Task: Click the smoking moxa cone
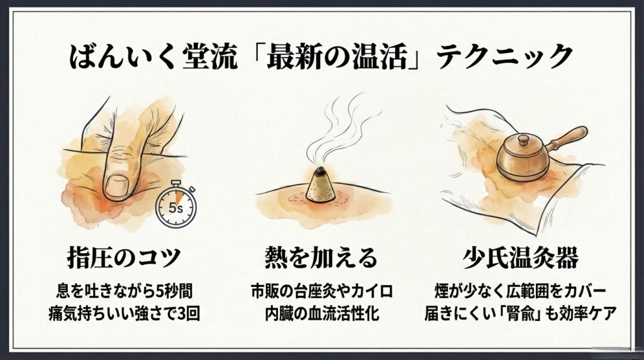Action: [x=321, y=185]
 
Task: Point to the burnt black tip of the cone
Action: [x=321, y=171]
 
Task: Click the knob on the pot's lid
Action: [x=524, y=140]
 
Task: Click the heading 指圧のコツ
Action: [x=124, y=257]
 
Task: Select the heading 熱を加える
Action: [x=321, y=257]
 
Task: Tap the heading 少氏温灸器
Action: [x=520, y=257]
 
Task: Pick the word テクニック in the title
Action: [x=504, y=57]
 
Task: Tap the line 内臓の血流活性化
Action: [x=321, y=313]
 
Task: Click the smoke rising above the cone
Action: [x=337, y=127]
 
